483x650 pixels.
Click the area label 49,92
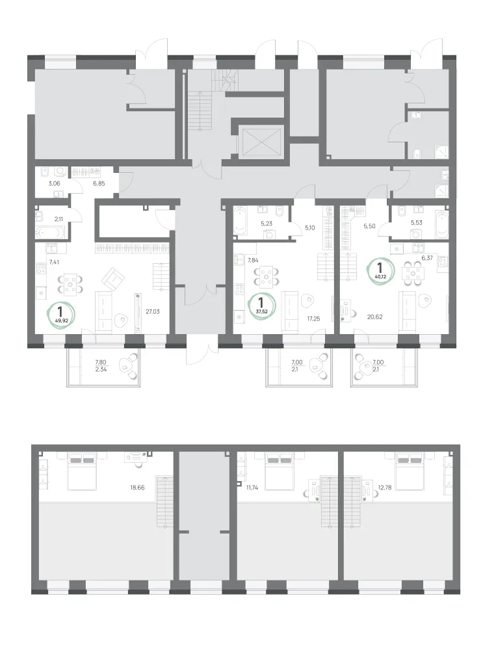click(x=61, y=320)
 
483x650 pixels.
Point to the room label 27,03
click(x=152, y=311)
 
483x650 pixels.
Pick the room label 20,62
click(x=375, y=317)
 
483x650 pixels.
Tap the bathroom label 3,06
click(x=55, y=183)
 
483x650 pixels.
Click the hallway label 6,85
click(x=99, y=183)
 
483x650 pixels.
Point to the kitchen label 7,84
click(x=253, y=260)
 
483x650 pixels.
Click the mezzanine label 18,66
click(x=137, y=487)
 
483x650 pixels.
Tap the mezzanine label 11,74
click(x=252, y=487)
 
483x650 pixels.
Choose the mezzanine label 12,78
click(x=385, y=487)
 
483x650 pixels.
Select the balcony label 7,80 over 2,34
click(x=101, y=365)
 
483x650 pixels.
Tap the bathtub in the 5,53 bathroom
click(x=442, y=224)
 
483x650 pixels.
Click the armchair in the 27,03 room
click(x=112, y=279)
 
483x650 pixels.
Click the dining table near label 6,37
click(x=413, y=274)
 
